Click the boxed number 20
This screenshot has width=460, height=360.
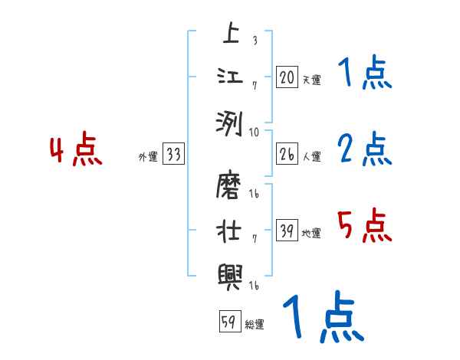pos(287,77)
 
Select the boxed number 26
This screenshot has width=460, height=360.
pos(287,154)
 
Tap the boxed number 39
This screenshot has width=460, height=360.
pos(287,231)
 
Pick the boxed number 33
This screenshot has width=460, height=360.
pos(173,155)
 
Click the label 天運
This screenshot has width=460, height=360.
pos(311,80)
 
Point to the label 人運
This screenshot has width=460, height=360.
pos(311,156)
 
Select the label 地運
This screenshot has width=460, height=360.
pos(311,233)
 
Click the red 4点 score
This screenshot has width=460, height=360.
pos(76,151)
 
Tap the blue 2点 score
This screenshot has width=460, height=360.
pos(365,149)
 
